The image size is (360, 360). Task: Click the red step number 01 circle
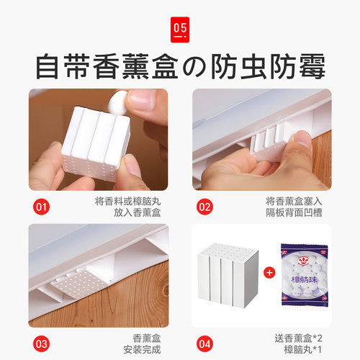click(42, 207)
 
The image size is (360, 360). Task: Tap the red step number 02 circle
click(205, 207)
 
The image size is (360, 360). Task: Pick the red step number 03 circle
click(42, 343)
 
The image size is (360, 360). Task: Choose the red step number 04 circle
click(205, 343)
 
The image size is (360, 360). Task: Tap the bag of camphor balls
click(303, 275)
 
